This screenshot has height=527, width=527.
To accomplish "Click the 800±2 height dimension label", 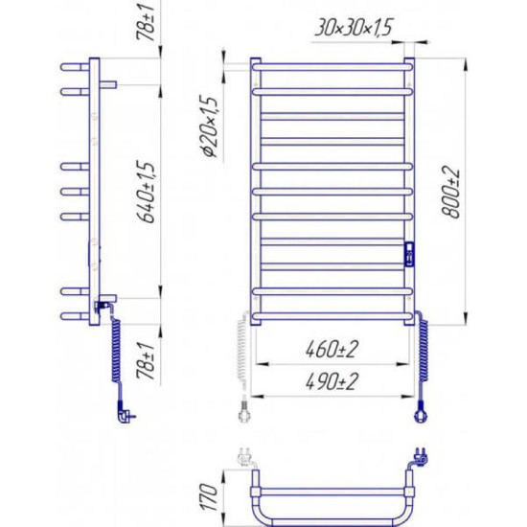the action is (451, 193).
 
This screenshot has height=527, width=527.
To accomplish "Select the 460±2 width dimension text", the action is (332, 350).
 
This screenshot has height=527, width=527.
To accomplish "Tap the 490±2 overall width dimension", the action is (332, 381).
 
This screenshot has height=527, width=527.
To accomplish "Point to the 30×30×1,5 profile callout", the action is (354, 27).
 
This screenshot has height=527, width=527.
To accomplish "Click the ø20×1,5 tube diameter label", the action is (210, 127).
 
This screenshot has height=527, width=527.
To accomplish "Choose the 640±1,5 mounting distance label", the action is (147, 193).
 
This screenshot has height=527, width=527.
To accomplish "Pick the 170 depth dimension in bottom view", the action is (209, 497).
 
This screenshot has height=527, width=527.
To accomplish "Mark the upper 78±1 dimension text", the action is (147, 20).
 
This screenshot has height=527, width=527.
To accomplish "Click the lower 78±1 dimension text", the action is (147, 361).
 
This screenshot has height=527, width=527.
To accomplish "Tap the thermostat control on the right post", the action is (409, 254).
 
